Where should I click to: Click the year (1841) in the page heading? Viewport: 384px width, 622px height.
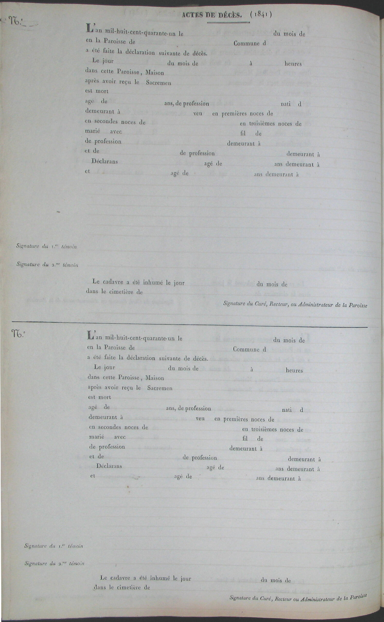[x=261, y=15]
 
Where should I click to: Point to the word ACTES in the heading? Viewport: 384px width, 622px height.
[x=192, y=15]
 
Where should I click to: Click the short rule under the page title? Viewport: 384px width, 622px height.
[x=228, y=23]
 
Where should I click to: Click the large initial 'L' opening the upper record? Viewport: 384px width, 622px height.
[x=90, y=28]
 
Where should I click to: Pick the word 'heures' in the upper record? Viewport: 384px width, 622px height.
[x=293, y=64]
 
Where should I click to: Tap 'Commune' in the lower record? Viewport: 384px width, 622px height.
[x=246, y=349]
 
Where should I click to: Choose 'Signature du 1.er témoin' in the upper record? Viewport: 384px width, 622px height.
[x=46, y=246]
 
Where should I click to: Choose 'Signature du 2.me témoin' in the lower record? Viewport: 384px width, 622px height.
[x=54, y=564]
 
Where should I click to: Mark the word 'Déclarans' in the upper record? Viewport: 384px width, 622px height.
[x=105, y=161]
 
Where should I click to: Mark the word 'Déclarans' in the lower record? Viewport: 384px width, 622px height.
[x=109, y=466]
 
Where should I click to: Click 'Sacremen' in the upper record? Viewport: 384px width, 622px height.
[x=159, y=83]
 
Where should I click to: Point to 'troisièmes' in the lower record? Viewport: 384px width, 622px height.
[x=264, y=430]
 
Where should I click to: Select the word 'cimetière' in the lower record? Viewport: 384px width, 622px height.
[x=129, y=587]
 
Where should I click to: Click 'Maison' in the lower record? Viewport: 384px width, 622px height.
[x=155, y=378]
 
